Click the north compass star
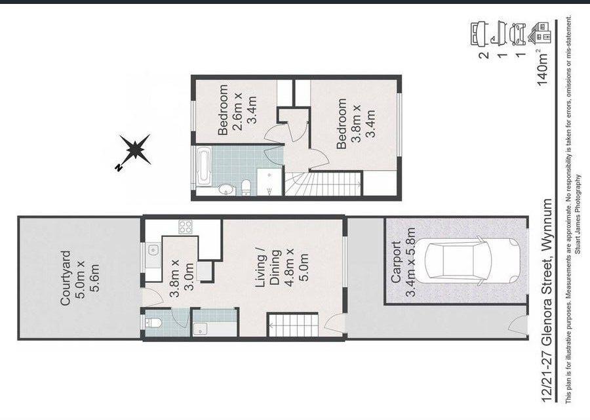[134, 150]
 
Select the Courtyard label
[80, 278]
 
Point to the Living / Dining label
[282, 268]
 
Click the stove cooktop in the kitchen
[185, 227]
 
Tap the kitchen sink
[153, 249]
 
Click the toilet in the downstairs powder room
[153, 323]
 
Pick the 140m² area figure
[543, 66]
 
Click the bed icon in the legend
[479, 34]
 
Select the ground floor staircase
[293, 325]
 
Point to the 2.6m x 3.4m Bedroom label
[238, 110]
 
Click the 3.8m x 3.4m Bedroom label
[356, 123]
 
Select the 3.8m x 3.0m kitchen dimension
[182, 279]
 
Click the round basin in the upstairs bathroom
[226, 190]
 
